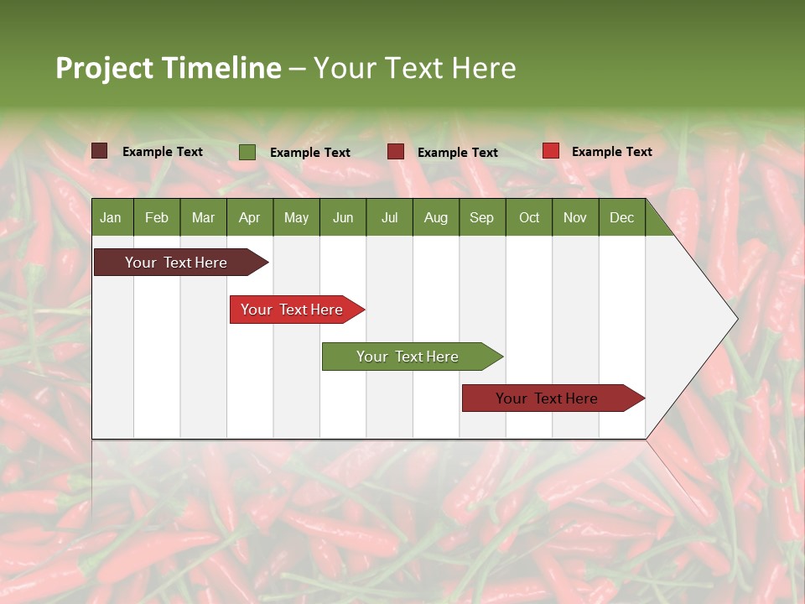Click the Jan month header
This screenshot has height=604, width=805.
111,217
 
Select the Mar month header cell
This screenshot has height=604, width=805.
203,217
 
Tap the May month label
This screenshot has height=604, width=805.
296,217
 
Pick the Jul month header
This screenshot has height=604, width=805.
389,217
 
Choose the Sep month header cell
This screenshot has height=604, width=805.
481,217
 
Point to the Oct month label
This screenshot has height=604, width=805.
529,217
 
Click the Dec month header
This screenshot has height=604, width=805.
621,217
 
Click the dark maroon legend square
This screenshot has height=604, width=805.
100,151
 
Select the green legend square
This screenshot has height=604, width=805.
247,152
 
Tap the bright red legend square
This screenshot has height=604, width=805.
550,151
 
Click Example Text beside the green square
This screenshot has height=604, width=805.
310,153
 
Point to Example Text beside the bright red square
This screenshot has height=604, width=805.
612,152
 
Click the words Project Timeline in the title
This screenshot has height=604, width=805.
169,68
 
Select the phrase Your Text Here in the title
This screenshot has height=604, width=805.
415,68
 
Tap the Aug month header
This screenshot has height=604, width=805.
435,217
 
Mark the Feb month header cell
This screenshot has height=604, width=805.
157,217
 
